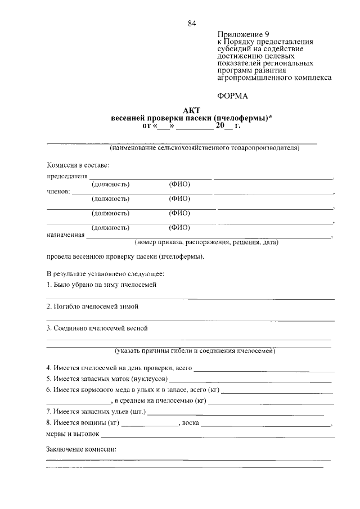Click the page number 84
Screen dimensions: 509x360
[192, 24]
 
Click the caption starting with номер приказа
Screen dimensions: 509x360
[206, 243]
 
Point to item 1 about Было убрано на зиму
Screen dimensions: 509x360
[101, 285]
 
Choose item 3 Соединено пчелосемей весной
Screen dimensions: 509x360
[97, 328]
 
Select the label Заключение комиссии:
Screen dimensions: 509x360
[81, 451]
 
